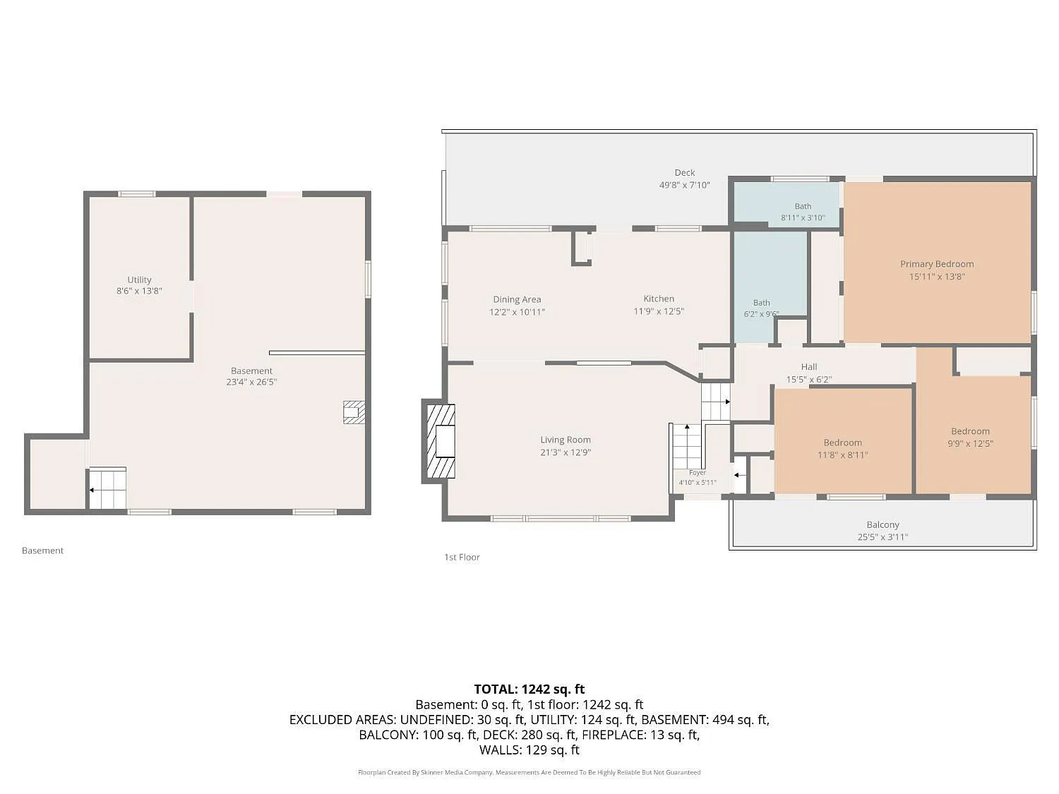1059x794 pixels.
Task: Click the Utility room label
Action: [139, 279]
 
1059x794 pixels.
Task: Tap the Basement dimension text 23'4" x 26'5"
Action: [251, 382]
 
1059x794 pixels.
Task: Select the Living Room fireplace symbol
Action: [441, 441]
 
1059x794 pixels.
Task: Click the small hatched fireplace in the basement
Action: [354, 412]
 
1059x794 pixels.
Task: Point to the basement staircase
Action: [107, 488]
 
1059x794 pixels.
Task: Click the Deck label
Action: [685, 173]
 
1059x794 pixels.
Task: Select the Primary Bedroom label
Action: [937, 264]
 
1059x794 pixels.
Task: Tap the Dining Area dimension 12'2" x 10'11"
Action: [517, 312]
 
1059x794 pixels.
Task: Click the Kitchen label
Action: [659, 299]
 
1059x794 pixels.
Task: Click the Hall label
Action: [809, 367]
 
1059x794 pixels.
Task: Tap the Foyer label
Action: [698, 473]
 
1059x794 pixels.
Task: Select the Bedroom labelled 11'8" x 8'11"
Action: [842, 443]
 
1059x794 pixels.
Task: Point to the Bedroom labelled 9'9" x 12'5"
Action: [970, 431]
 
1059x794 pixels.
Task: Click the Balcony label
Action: [883, 524]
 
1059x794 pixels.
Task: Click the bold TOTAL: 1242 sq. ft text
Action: [529, 690]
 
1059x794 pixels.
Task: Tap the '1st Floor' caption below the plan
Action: [462, 558]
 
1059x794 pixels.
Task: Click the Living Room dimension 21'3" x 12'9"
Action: [566, 452]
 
